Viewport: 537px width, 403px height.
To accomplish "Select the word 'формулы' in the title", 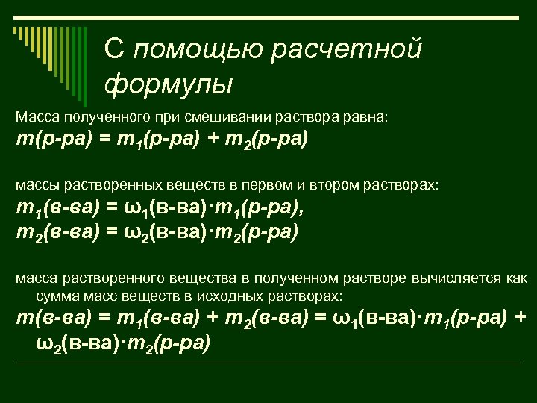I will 168,83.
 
